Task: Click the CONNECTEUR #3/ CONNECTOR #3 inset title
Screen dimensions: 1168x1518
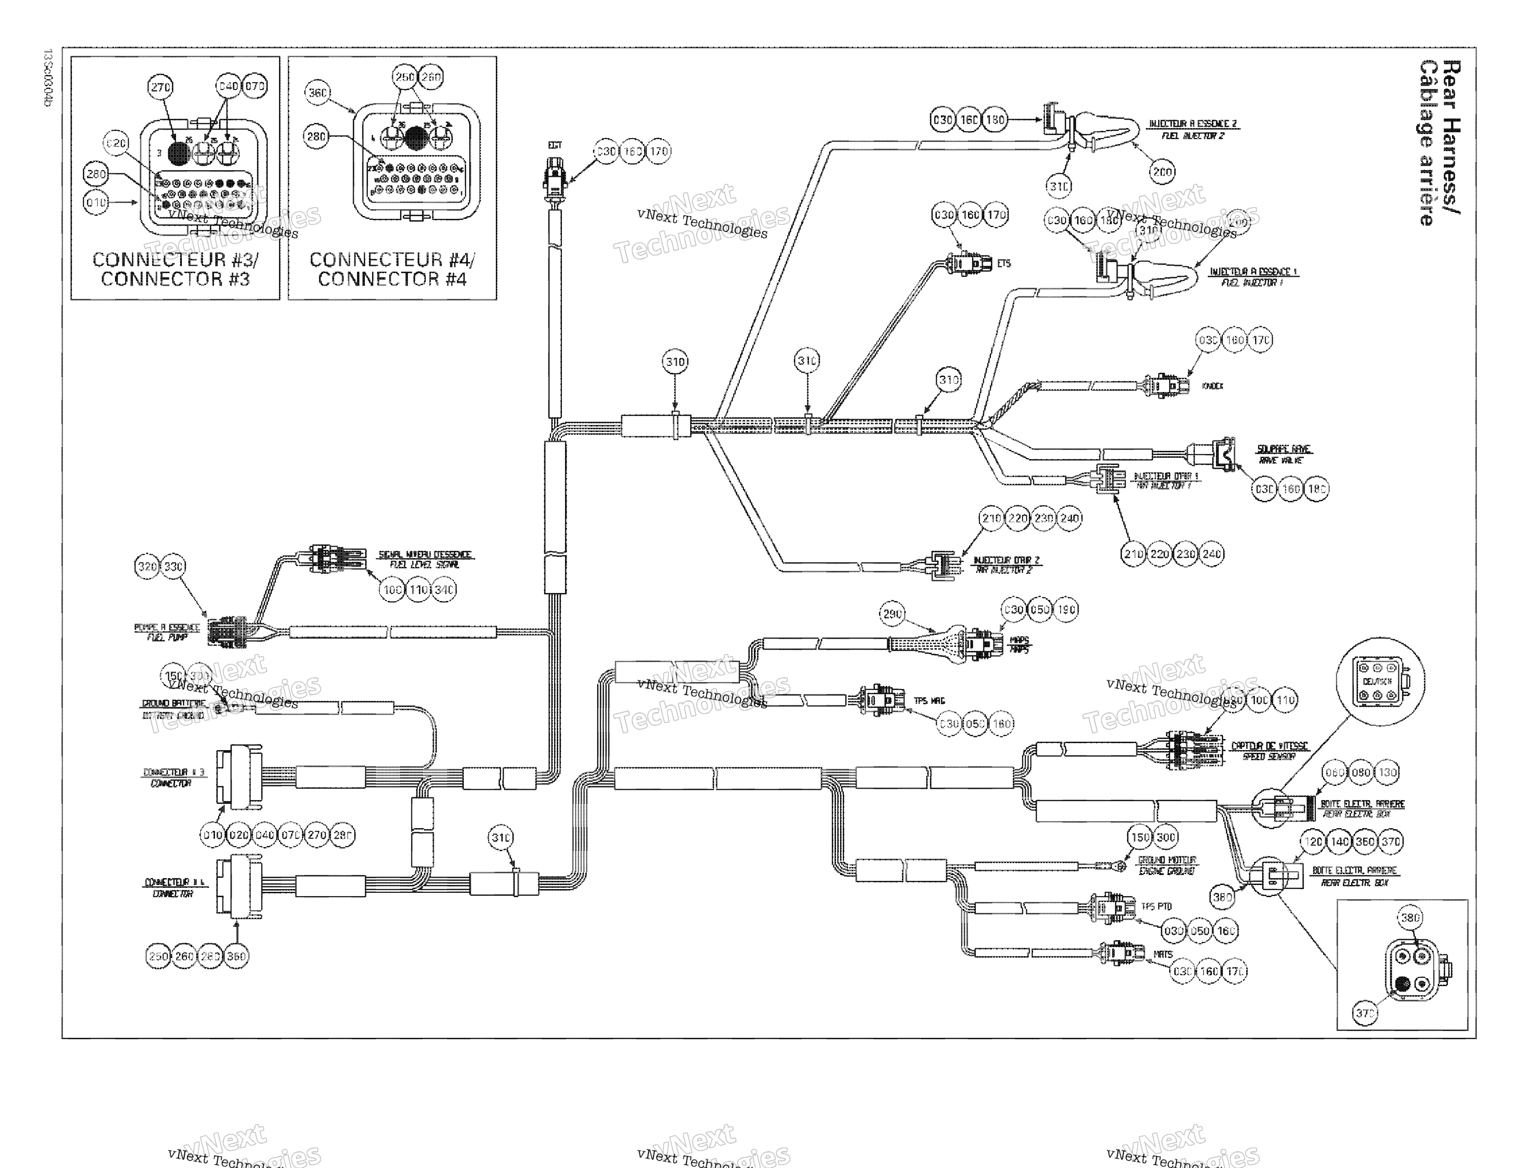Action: (175, 269)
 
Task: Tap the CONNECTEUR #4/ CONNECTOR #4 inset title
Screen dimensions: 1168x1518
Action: (392, 269)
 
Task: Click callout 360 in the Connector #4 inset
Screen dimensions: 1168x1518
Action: (317, 93)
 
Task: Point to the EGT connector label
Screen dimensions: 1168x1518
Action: (555, 145)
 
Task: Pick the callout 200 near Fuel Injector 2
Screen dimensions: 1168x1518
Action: (1162, 171)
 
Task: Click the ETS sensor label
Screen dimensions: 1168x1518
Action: (1003, 264)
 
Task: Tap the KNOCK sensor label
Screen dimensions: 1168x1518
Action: (1212, 386)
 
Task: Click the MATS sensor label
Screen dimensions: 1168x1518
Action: (1163, 954)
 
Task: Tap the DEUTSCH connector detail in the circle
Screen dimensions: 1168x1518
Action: (1380, 682)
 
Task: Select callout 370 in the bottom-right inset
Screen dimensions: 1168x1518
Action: (1364, 1013)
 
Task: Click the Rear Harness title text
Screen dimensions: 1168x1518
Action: (1440, 142)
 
